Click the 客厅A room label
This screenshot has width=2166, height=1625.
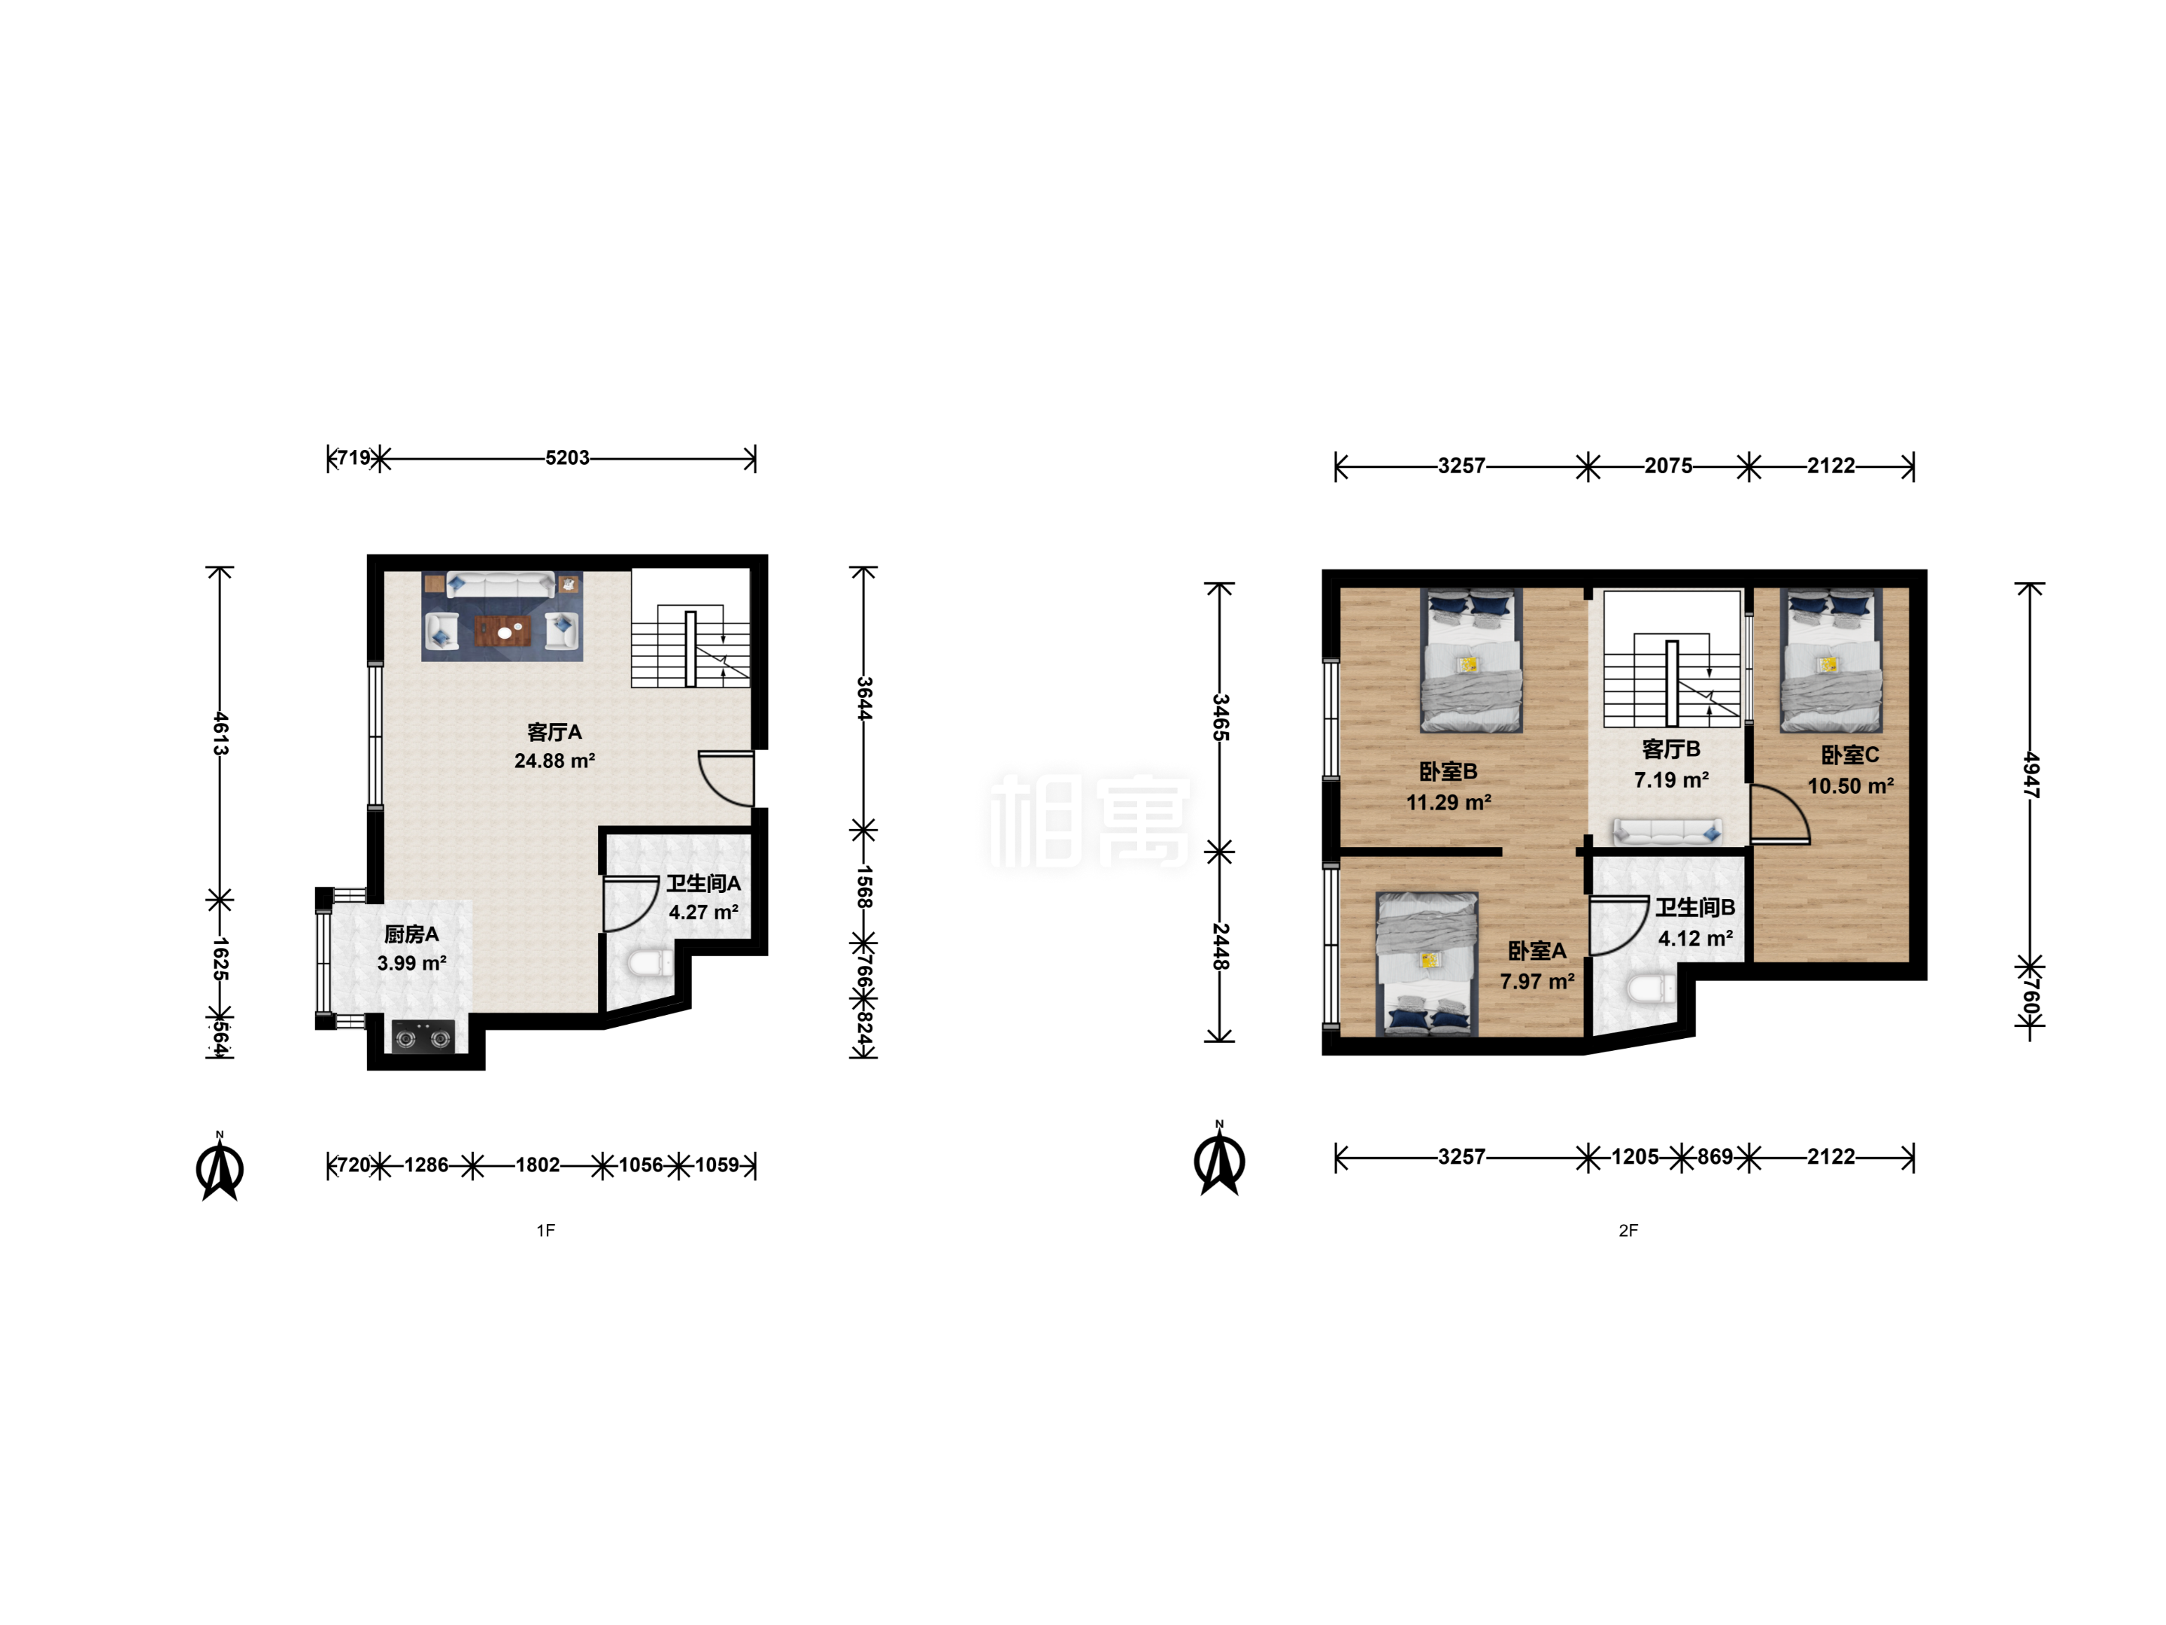click(x=554, y=732)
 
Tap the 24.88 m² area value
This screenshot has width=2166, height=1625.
click(x=554, y=761)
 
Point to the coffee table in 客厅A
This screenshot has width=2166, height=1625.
click(x=503, y=632)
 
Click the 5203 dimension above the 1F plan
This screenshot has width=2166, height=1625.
click(x=567, y=457)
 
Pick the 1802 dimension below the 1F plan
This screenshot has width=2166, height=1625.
click(x=538, y=1165)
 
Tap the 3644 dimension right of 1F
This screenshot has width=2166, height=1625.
click(x=863, y=698)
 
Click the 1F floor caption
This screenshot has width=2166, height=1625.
click(x=545, y=1230)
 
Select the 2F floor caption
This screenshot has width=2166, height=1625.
click(x=1628, y=1230)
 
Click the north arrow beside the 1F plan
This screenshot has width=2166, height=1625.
click(x=220, y=1167)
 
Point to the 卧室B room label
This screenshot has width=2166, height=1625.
click(x=1449, y=772)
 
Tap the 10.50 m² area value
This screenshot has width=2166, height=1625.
click(x=1849, y=785)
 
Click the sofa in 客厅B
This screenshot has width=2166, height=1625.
click(x=1667, y=831)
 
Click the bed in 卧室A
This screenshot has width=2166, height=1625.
click(x=1427, y=963)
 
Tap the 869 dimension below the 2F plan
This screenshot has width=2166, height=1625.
click(x=1715, y=1157)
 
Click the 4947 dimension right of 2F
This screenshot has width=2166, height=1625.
click(x=2031, y=776)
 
